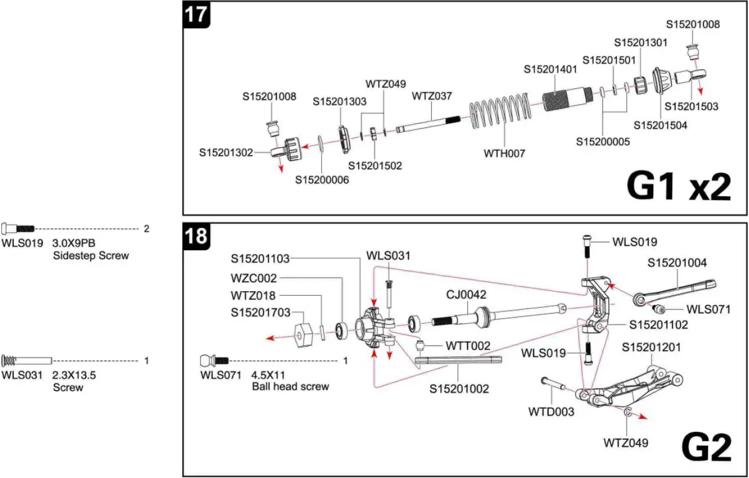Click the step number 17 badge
tap(196, 14)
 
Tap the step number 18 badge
tap(196, 236)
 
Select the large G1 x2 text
tap(678, 186)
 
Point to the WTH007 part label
tap(504, 153)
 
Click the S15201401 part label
tap(550, 69)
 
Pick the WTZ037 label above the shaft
tap(432, 96)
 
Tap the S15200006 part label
tap(322, 180)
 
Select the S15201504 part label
tap(660, 125)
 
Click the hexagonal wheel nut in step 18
tap(304, 333)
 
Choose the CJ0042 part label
tap(466, 295)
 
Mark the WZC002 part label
tap(254, 278)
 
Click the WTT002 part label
tap(468, 346)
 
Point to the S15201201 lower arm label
tap(652, 347)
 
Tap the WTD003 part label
tap(551, 412)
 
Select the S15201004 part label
tap(677, 263)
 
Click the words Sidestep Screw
tap(91, 255)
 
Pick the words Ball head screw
tap(290, 386)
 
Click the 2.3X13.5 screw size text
tap(74, 375)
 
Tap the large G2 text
tap(706, 446)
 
